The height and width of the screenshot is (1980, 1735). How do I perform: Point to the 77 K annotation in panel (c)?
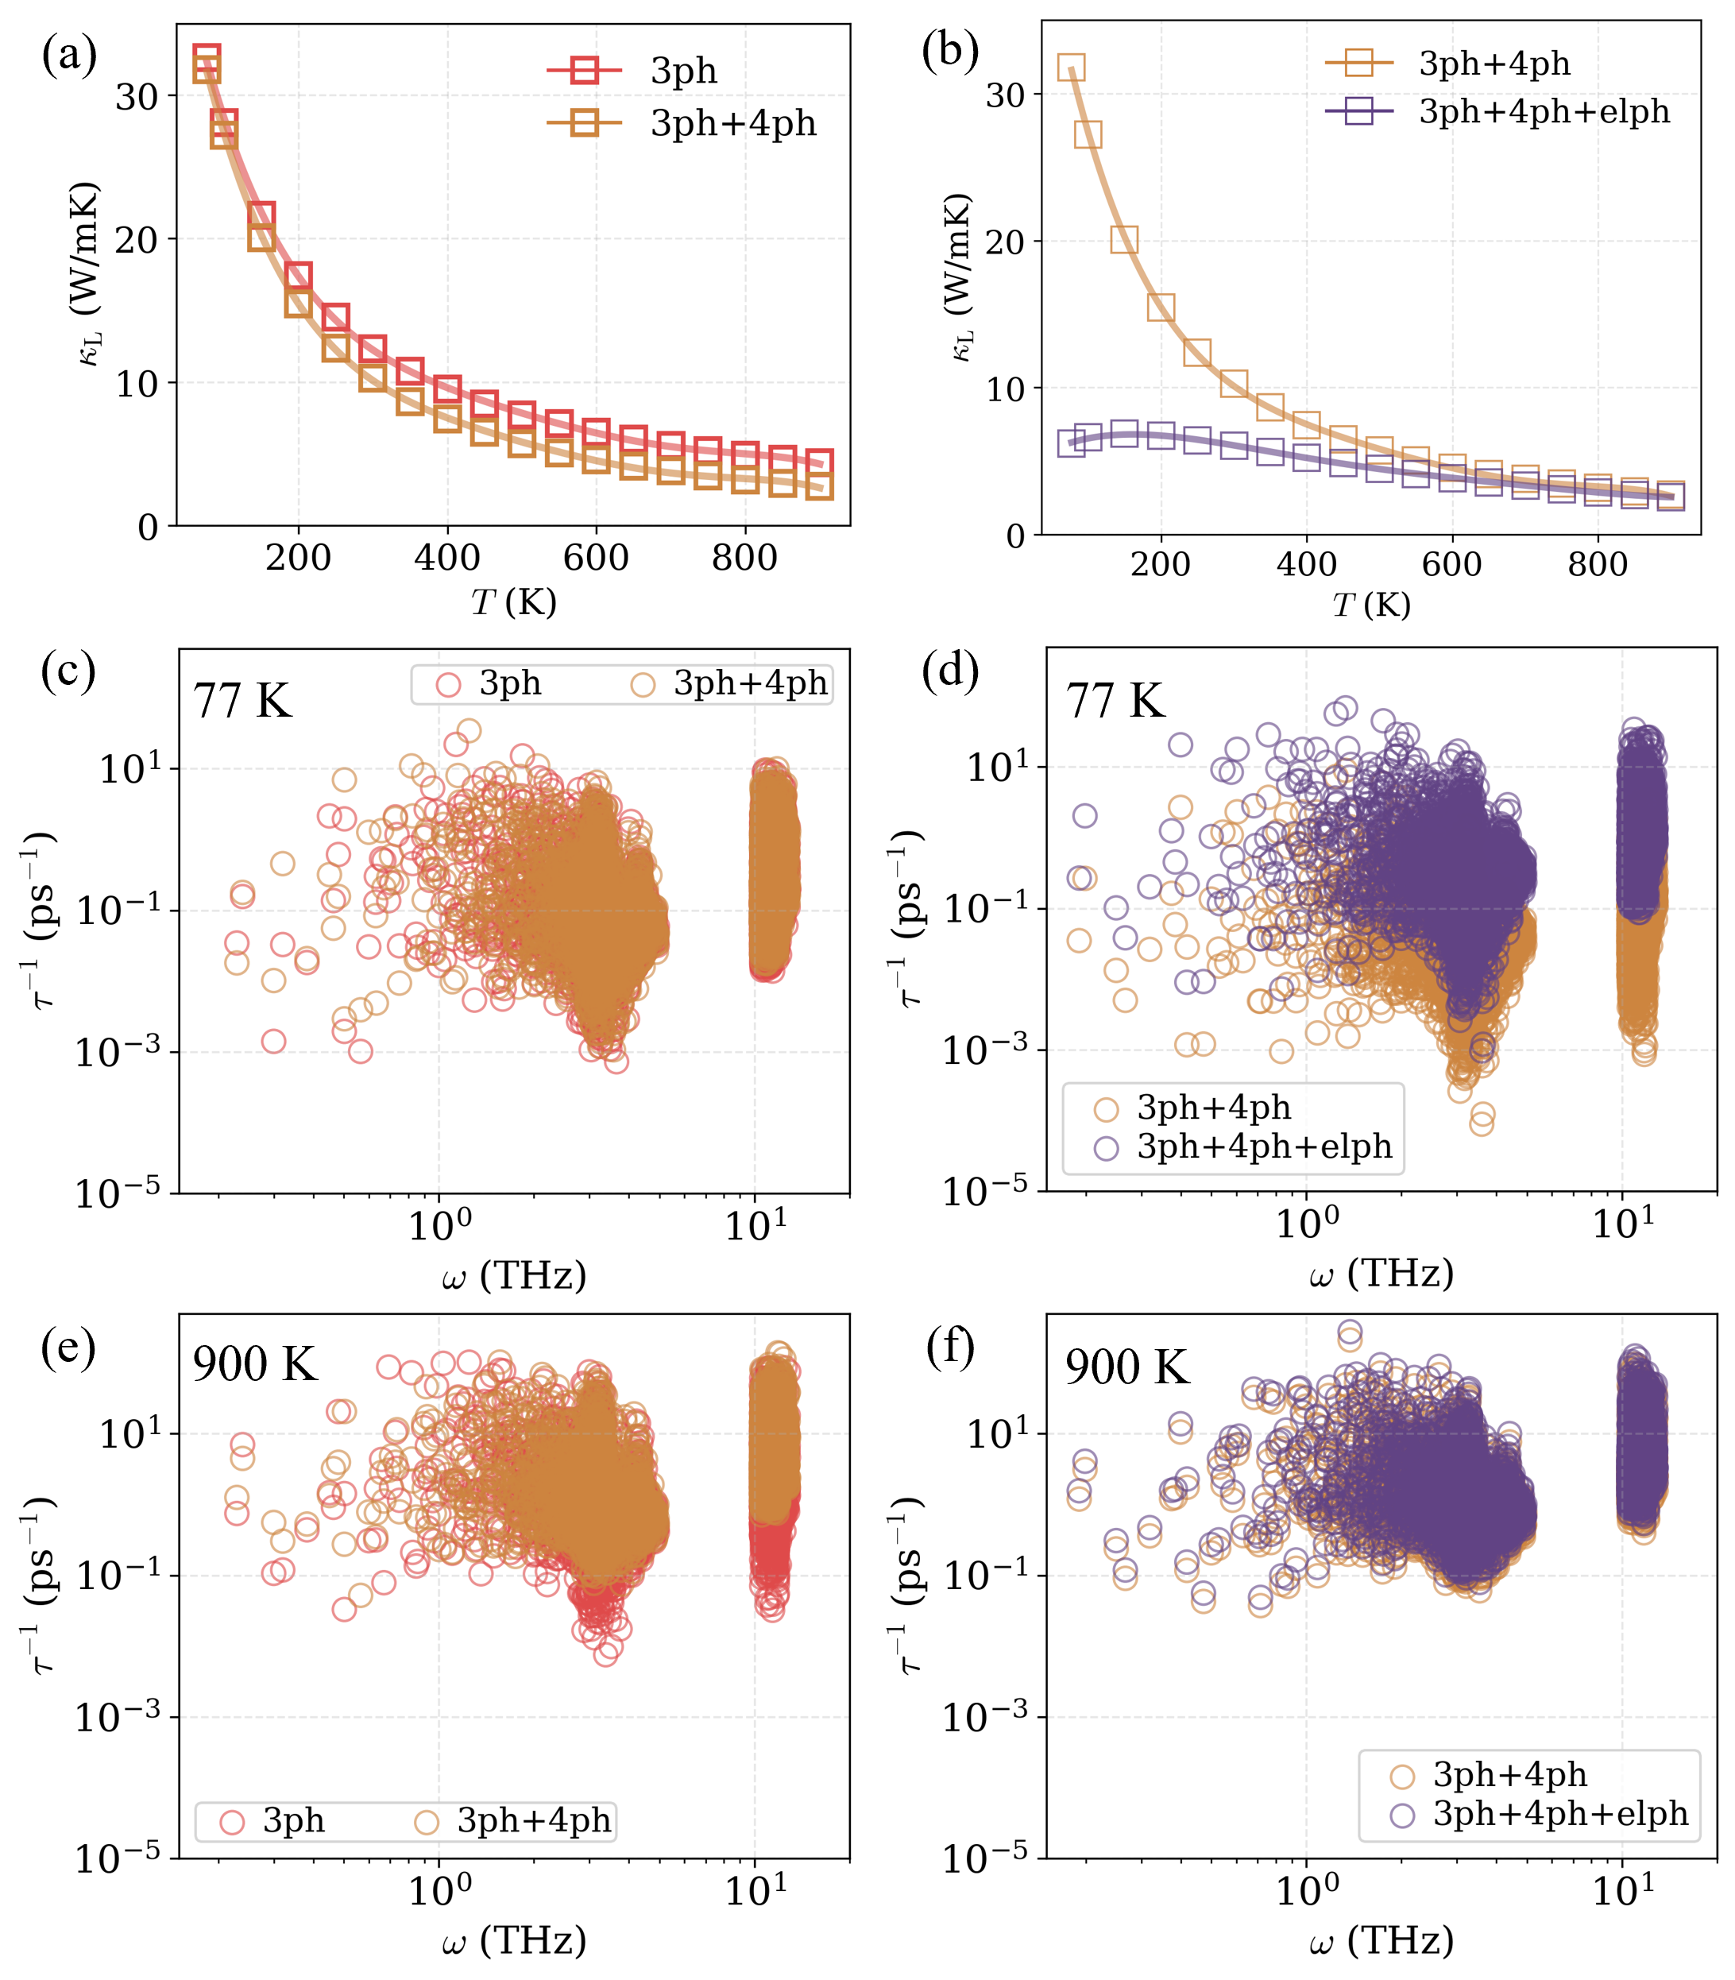tap(242, 700)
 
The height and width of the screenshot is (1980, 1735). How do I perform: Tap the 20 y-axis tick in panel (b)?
tap(1005, 241)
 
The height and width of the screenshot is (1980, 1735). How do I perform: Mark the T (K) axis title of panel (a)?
tap(513, 602)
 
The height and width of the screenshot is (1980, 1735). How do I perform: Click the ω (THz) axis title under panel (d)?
tap(1381, 1272)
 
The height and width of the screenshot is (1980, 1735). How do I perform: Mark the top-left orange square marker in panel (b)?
tap(1071, 68)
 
